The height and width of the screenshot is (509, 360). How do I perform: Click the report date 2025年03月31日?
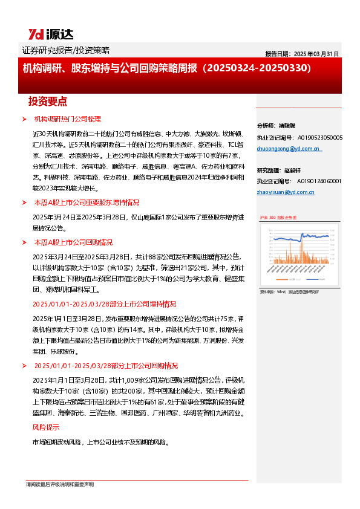pyautogui.click(x=302, y=53)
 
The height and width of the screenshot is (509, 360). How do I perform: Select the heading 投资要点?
pyautogui.click(x=48, y=101)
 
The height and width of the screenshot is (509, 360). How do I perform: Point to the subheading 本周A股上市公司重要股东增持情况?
pyautogui.click(x=87, y=203)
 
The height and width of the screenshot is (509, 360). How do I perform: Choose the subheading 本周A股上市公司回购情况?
pyautogui.click(x=73, y=242)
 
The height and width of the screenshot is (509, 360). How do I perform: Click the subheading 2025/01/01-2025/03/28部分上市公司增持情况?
pyautogui.click(x=104, y=304)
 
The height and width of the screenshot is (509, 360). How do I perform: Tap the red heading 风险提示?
pyautogui.click(x=46, y=427)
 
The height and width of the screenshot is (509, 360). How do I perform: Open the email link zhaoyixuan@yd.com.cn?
pyautogui.click(x=286, y=192)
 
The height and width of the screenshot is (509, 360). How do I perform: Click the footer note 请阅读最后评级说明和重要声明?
pyautogui.click(x=59, y=484)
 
